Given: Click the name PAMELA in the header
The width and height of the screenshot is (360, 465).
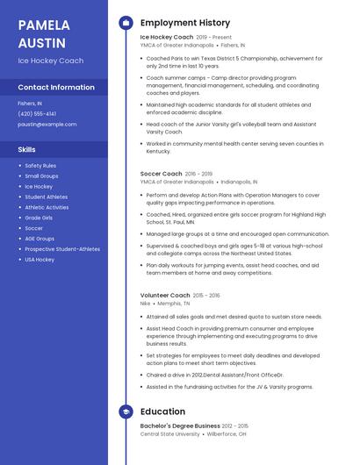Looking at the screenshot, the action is click(44, 25).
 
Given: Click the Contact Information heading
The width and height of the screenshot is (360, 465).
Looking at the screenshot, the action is click(56, 88).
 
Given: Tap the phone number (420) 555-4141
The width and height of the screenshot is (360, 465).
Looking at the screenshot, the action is click(37, 114).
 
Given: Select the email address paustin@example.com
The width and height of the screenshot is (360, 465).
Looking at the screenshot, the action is click(47, 125).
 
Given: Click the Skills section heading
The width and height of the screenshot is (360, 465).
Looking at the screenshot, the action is click(27, 149).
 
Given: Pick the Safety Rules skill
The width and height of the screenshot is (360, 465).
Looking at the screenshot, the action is click(40, 166).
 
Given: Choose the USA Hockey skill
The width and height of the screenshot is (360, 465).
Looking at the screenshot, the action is click(40, 260).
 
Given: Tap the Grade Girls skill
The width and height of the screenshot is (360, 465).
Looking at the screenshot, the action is click(39, 218).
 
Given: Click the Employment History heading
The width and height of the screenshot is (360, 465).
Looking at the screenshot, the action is click(185, 23).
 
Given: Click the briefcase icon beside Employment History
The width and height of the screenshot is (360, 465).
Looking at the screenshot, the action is click(126, 23).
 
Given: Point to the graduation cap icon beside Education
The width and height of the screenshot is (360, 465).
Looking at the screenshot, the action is click(126, 411).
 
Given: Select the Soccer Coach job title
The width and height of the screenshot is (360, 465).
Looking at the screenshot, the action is click(162, 174).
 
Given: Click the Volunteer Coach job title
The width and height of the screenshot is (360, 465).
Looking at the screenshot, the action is click(165, 296).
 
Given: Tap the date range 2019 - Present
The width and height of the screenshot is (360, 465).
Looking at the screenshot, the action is click(214, 38).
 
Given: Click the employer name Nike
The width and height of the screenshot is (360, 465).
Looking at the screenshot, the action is click(146, 304).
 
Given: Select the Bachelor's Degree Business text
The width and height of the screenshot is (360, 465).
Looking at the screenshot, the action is click(180, 426).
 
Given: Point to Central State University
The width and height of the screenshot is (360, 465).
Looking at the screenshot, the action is click(169, 433).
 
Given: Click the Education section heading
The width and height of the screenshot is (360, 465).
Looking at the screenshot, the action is click(162, 411).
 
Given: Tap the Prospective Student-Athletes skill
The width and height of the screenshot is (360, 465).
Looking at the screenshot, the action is click(62, 249).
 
